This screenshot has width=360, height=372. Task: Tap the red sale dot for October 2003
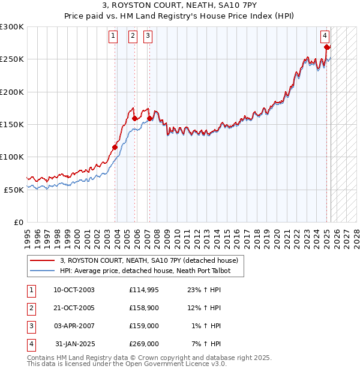point(115,147)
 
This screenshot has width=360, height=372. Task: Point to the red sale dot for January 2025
point(327,47)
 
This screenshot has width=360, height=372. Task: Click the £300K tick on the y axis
point(12,27)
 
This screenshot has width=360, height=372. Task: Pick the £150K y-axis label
point(12,124)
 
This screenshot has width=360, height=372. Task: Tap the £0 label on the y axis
point(18,222)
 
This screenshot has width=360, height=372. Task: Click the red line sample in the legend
point(43,260)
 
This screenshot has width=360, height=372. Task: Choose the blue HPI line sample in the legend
point(43,271)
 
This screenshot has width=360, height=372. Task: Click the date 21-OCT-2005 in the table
point(74,308)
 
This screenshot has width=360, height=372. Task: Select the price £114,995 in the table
point(143,290)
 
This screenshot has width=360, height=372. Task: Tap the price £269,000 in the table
point(143,344)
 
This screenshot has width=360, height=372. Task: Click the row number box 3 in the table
point(30,326)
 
